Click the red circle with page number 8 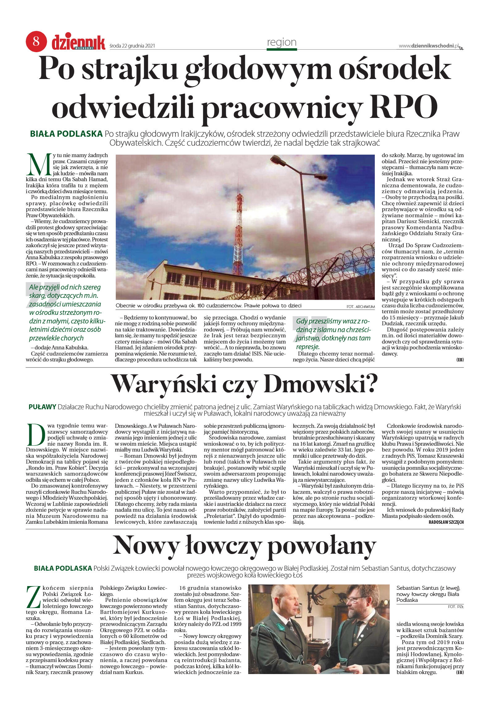(36, 41)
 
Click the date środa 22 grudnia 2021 (132, 46)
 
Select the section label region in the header (282, 42)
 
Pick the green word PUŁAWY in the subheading (42, 407)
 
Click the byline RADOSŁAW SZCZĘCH (446, 522)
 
